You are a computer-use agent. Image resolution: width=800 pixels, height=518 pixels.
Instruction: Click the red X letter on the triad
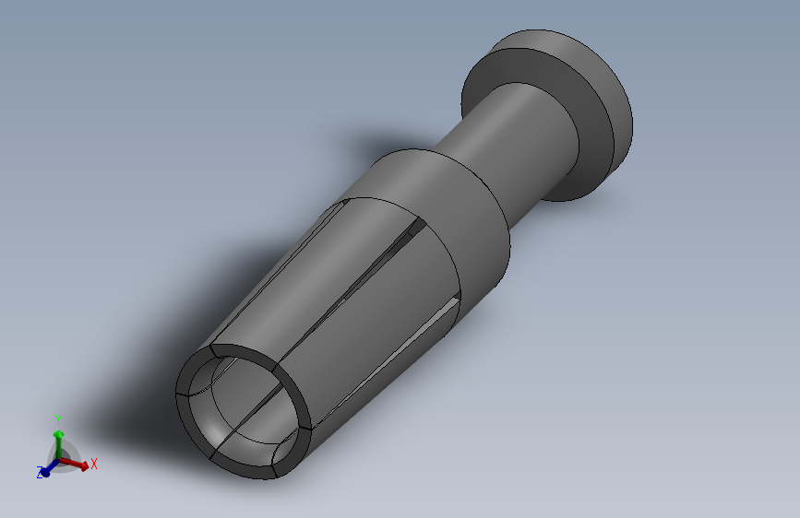click(x=94, y=464)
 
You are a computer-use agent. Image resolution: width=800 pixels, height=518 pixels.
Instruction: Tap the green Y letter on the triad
click(x=57, y=418)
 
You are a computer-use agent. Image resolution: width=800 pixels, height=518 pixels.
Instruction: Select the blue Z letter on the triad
click(x=40, y=473)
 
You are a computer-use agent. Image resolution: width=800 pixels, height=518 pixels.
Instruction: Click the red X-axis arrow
click(x=79, y=465)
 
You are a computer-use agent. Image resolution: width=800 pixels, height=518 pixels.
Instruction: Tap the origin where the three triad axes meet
click(x=59, y=458)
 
